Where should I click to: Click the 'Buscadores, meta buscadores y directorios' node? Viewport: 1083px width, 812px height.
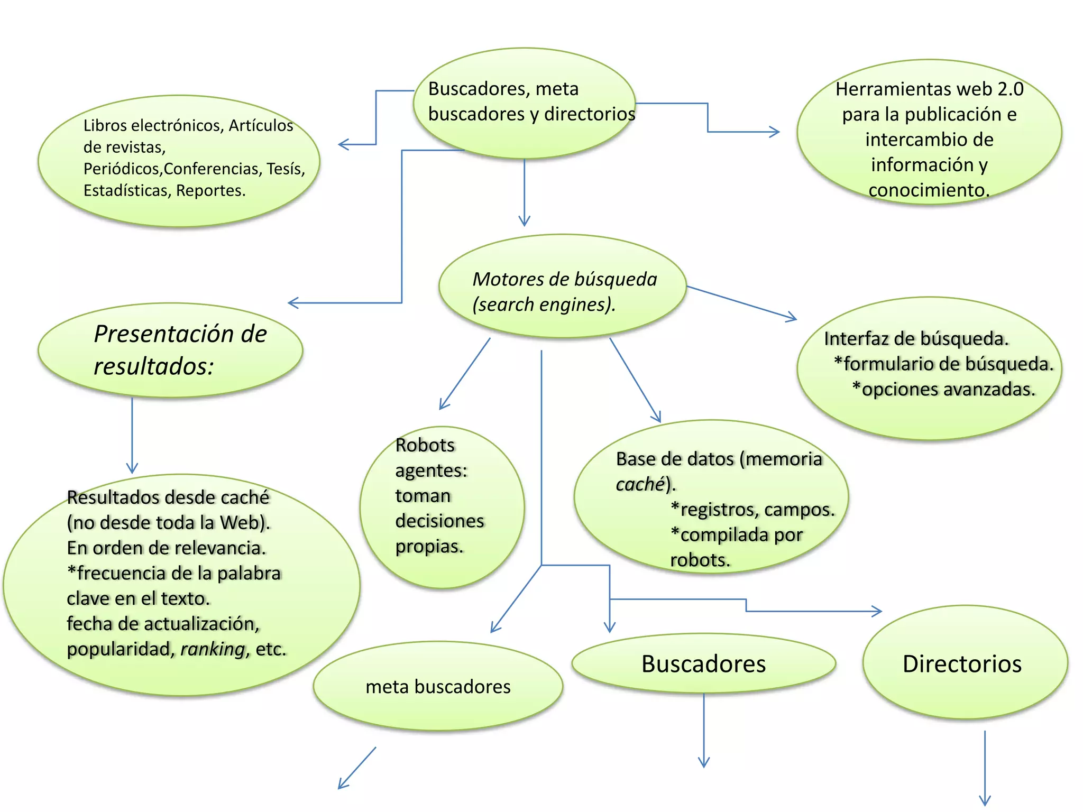tap(524, 103)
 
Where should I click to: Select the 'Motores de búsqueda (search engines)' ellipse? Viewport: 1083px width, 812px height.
tap(563, 286)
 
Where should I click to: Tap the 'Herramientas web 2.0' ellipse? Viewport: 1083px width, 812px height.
tap(929, 132)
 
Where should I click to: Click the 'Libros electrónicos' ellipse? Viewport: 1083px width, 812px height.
tap(179, 161)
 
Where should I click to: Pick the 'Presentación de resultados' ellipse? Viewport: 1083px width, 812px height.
tap(170, 350)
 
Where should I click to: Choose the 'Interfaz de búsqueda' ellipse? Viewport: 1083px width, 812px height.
tap(929, 368)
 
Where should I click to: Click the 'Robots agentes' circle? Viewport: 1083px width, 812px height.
tap(442, 507)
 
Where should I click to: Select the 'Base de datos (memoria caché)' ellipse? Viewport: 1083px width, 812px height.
tap(711, 497)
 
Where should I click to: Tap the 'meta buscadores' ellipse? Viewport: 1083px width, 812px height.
tap(438, 686)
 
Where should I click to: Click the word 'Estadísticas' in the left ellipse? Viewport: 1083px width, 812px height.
tap(125, 190)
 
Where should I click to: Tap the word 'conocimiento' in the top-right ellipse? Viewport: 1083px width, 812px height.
tap(928, 190)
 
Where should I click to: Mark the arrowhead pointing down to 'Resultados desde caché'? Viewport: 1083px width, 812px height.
tap(132, 469)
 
